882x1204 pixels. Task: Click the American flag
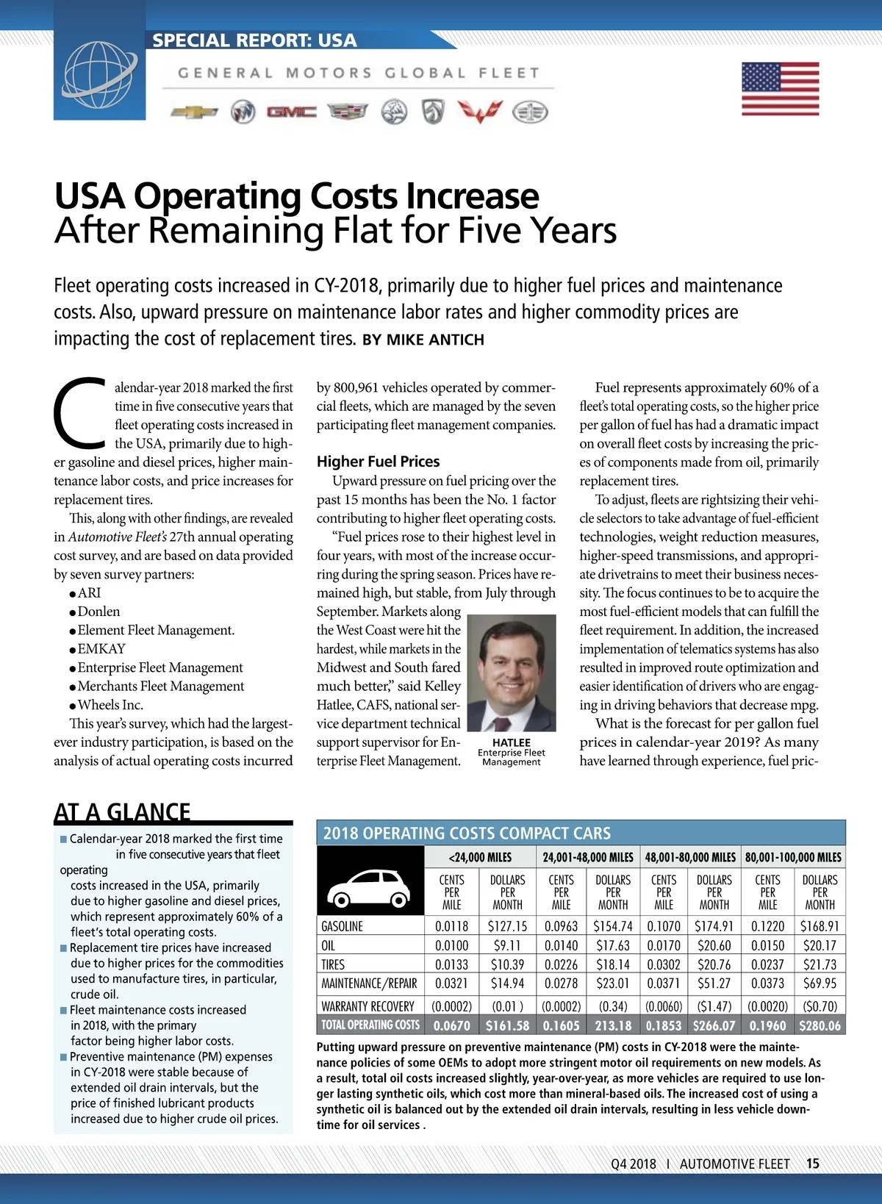tap(780, 89)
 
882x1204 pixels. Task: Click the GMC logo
tap(291, 112)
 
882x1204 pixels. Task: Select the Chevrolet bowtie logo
tap(195, 112)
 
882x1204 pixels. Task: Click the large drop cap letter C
tap(80, 413)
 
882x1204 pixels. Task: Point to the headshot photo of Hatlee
tap(512, 673)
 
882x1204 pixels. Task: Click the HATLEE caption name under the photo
tap(512, 742)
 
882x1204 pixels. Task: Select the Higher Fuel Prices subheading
tap(378, 462)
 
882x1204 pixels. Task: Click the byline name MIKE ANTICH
tap(435, 340)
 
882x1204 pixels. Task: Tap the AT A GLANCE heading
tap(122, 811)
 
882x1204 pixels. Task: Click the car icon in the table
tap(370, 889)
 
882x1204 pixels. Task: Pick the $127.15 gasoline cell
tap(507, 926)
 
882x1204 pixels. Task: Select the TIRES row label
tap(333, 964)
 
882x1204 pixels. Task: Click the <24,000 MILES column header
tap(480, 857)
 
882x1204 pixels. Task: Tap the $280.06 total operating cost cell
tap(820, 1025)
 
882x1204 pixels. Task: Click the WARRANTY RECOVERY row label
tap(367, 1006)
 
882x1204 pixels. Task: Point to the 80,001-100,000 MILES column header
tap(793, 857)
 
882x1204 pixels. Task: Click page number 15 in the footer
tap(812, 1164)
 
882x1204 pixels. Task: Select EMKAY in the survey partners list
tap(101, 648)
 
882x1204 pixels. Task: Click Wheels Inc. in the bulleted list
tap(110, 704)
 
